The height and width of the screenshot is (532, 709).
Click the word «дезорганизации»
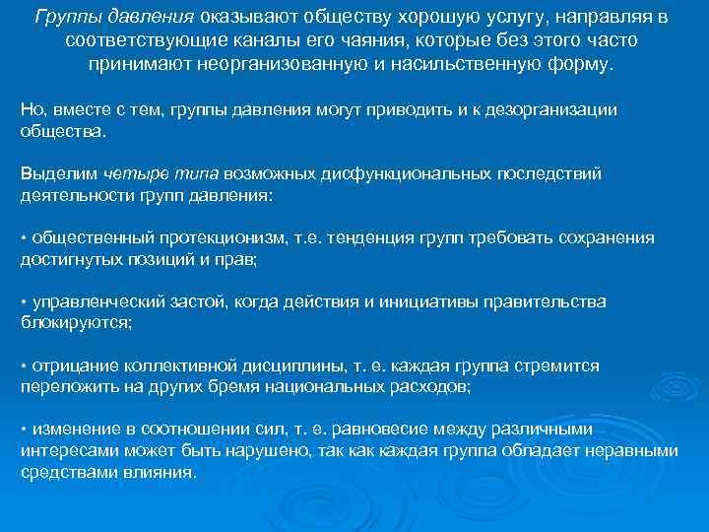click(x=549, y=109)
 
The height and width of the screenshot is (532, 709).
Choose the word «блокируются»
click(x=75, y=322)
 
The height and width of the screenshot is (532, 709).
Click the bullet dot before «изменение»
click(x=24, y=431)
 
